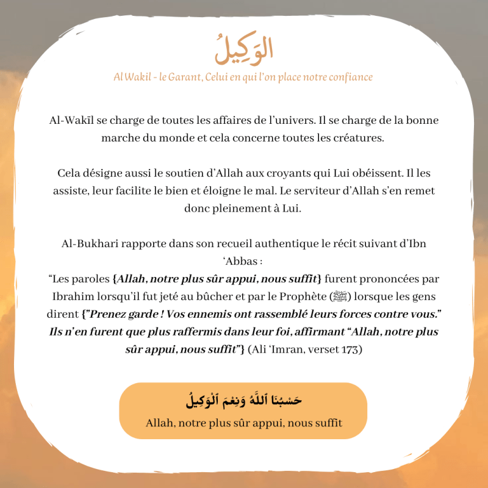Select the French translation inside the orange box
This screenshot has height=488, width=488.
pyautogui.click(x=243, y=423)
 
